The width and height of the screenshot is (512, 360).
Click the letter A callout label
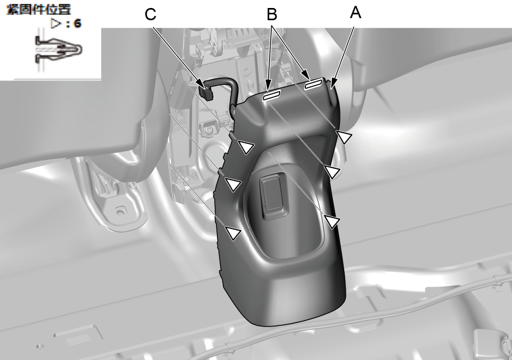355,13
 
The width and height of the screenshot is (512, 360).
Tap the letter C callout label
150,15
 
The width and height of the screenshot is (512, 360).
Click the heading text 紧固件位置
39,10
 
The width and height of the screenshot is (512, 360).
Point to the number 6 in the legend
77,23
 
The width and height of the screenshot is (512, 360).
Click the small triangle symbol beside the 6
56,23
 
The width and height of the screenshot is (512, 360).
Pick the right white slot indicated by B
313,85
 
